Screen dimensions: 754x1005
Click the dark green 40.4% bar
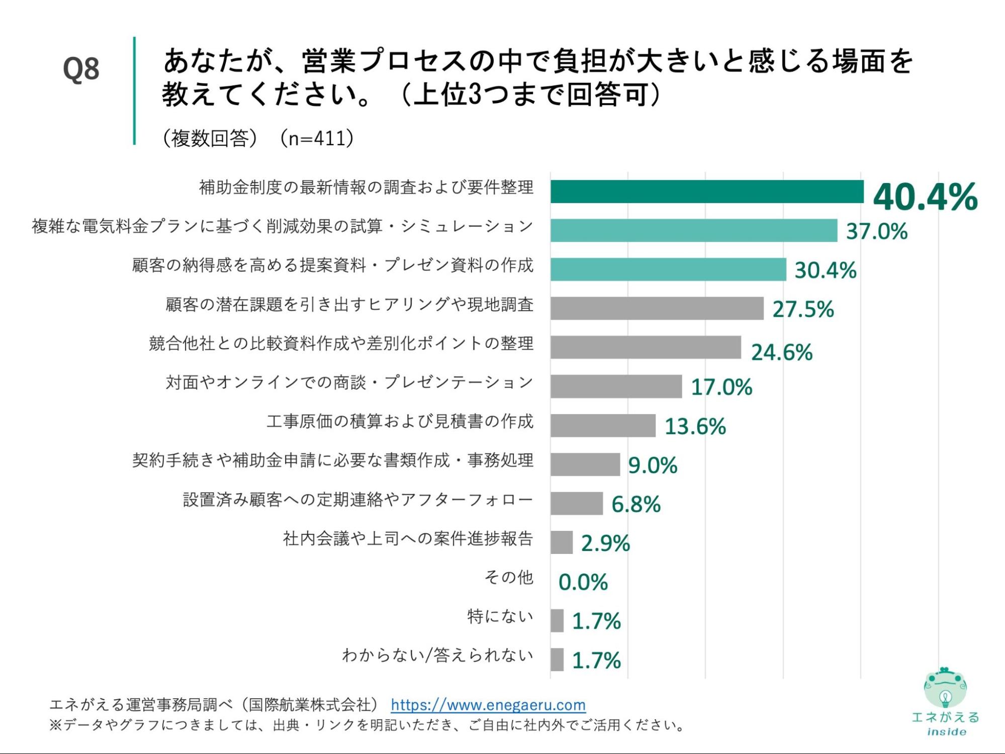tap(706, 192)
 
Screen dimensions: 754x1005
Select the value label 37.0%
tap(876, 231)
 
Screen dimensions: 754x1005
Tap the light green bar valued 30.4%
tap(668, 269)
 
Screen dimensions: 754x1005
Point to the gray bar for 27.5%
tap(657, 308)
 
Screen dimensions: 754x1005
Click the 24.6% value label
tap(781, 352)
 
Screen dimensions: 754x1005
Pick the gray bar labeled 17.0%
tap(616, 386)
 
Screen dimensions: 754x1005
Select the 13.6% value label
tap(695, 426)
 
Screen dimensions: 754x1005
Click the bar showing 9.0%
tap(585, 464)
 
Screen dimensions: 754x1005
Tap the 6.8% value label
tap(635, 504)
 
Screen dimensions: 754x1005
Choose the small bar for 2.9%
tap(561, 542)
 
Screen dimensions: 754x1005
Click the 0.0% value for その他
tap(583, 582)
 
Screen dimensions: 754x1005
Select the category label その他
tap(508, 577)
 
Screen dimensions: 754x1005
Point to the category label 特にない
tap(500, 616)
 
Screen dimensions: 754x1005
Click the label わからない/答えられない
tap(437, 655)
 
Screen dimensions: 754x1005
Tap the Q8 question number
tap(81, 69)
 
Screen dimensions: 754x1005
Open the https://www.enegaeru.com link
tap(488, 705)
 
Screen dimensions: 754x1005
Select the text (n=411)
tap(316, 138)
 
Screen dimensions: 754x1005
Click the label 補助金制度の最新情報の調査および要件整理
tap(366, 187)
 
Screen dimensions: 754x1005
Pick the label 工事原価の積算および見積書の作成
tap(400, 421)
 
